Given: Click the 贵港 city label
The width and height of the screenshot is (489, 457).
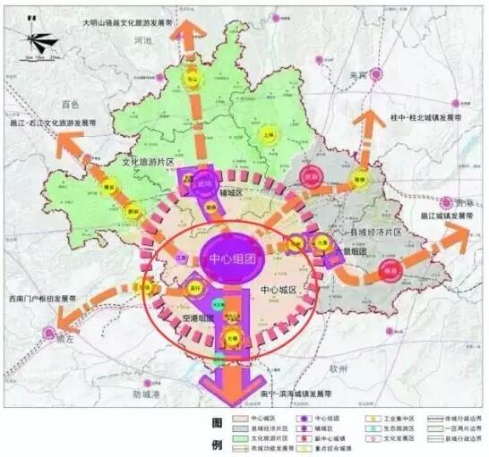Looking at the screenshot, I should coord(461,203).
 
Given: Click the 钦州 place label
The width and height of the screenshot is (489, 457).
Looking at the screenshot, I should coord(338,367).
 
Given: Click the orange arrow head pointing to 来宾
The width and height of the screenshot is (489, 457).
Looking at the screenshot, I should coord(368,121).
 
